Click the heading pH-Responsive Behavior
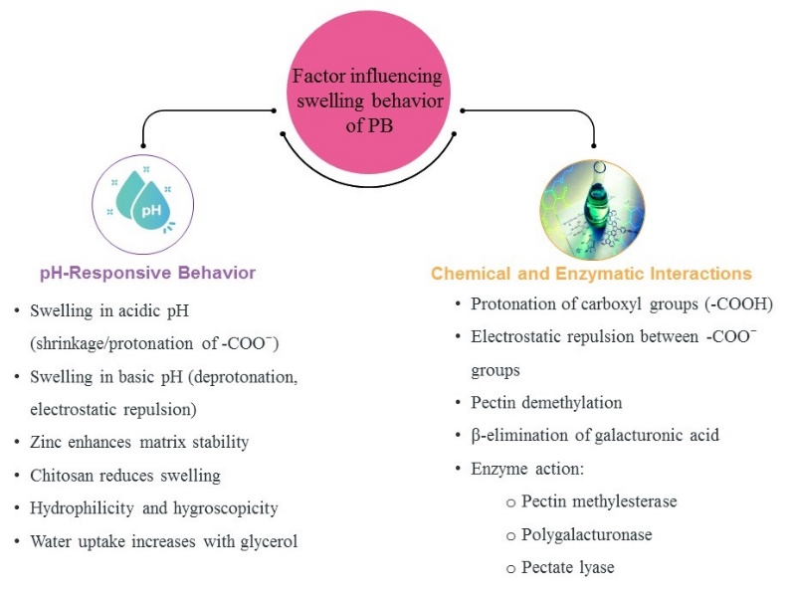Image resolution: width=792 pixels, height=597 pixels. (x=147, y=272)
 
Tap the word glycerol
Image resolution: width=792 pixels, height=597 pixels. (x=268, y=541)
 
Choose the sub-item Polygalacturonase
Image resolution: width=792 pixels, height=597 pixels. (x=586, y=534)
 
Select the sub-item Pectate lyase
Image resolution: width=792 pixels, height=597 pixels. (x=567, y=567)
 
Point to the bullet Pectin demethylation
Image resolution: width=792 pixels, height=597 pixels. (x=546, y=402)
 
